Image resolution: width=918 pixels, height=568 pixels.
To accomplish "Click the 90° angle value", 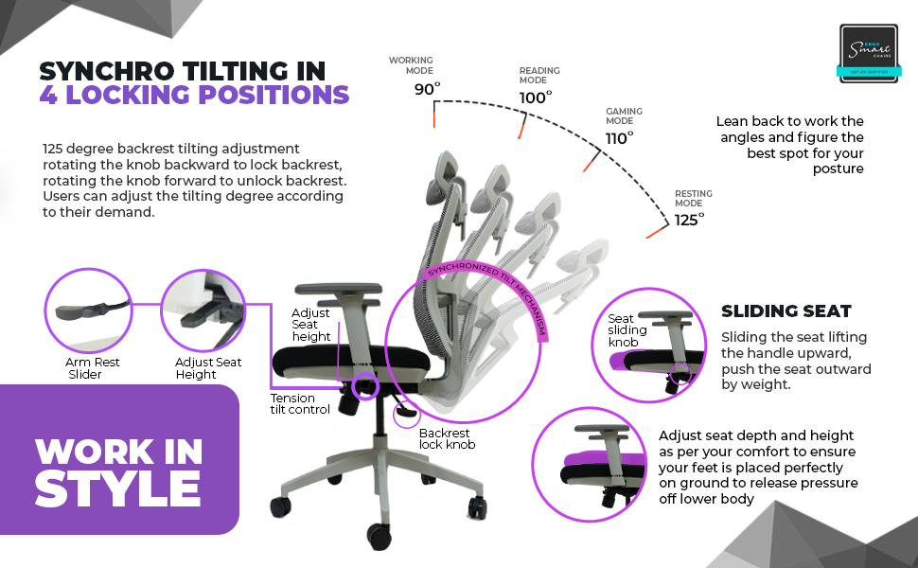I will pyautogui.click(x=427, y=90).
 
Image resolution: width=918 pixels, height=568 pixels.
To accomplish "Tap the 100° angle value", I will pyautogui.click(x=536, y=98).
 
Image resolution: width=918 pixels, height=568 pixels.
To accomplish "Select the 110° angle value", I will pyautogui.click(x=619, y=137).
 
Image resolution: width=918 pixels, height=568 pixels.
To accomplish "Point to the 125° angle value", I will pyautogui.click(x=689, y=220).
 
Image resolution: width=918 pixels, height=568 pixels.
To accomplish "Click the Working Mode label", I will pyautogui.click(x=411, y=65).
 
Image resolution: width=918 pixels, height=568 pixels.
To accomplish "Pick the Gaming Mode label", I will pyautogui.click(x=624, y=116).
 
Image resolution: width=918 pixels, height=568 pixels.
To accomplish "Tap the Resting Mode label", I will pyautogui.click(x=694, y=198).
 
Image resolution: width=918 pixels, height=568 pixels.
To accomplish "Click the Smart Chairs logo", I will pyautogui.click(x=869, y=51).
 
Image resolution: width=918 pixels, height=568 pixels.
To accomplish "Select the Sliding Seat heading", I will pyautogui.click(x=786, y=311).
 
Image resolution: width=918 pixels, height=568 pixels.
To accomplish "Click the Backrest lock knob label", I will pyautogui.click(x=447, y=438).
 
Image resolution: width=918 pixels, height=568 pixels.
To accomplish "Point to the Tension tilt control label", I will pyautogui.click(x=300, y=404).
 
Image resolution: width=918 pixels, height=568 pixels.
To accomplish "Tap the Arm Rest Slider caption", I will pyautogui.click(x=93, y=368).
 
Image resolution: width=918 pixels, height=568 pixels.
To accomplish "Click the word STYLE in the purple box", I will pyautogui.click(x=117, y=488).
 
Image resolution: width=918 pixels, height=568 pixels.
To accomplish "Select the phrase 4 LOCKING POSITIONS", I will pyautogui.click(x=194, y=95).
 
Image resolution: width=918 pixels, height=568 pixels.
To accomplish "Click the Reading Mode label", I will pyautogui.click(x=539, y=75).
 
